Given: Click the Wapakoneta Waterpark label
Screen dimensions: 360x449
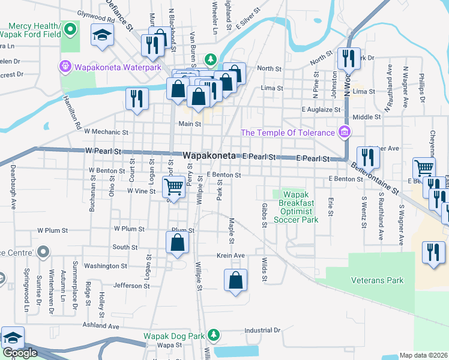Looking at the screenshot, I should pyautogui.click(x=110, y=67).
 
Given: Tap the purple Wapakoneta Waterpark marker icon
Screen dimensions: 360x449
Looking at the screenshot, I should pyautogui.click(x=65, y=67).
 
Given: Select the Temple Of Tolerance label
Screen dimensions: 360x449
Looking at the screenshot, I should pyautogui.click(x=289, y=132).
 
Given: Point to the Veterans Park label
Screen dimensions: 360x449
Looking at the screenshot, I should pyautogui.click(x=378, y=280).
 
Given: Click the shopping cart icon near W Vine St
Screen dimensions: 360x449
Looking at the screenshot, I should pyautogui.click(x=174, y=187).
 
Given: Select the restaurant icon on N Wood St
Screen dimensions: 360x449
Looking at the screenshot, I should pyautogui.click(x=348, y=58).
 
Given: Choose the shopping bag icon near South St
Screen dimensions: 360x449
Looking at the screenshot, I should pyautogui.click(x=177, y=242).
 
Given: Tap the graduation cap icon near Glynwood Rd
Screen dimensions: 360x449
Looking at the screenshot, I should pyautogui.click(x=102, y=35).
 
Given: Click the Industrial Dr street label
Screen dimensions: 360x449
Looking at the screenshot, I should pyautogui.click(x=262, y=330).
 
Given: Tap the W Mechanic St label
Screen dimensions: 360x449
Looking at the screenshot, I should pyautogui.click(x=106, y=131).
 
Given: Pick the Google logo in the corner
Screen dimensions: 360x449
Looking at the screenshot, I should pyautogui.click(x=20, y=353).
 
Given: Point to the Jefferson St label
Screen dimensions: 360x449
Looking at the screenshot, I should pyautogui.click(x=130, y=286).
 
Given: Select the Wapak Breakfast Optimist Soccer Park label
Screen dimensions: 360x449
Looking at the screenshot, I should pyautogui.click(x=297, y=207).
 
